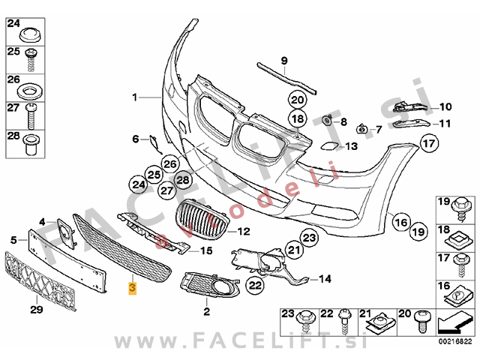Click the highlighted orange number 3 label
(132, 288)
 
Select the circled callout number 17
(429, 143)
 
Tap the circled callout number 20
(297, 100)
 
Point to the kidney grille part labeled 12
(202, 219)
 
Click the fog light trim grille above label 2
(210, 284)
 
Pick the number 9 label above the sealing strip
(284, 61)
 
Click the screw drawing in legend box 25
(31, 61)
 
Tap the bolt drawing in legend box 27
(31, 116)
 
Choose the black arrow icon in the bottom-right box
(455, 323)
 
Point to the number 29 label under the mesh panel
(37, 310)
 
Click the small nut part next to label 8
(327, 120)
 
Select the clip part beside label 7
(362, 129)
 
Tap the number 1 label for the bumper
(135, 97)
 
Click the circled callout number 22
(255, 285)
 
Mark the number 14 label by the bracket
(325, 279)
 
